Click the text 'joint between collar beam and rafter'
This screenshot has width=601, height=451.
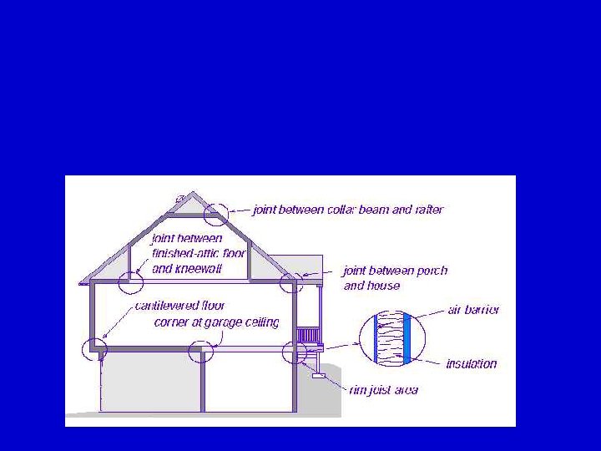pos(348,210)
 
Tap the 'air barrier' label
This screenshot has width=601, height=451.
pos(473,310)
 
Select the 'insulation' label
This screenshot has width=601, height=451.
pos(472,363)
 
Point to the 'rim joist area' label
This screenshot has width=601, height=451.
pos(384,389)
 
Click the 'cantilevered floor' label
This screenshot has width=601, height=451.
pos(180,306)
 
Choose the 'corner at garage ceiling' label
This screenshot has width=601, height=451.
pos(216,322)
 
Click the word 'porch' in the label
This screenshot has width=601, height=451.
pos(431,271)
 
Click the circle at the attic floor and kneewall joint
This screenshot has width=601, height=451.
pos(131,281)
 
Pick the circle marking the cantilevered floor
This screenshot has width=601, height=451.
pos(93,349)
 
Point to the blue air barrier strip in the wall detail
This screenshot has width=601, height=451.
pos(407,338)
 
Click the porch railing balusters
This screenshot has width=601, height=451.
pos(308,335)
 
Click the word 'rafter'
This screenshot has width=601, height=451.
pos(427,210)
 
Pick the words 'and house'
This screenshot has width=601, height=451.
pos(371,286)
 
